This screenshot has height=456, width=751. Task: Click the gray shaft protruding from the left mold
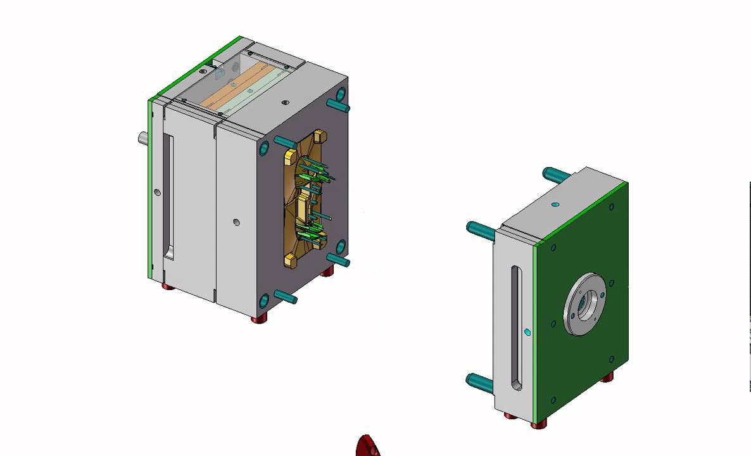pos(143,137)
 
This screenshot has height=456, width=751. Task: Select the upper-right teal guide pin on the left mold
pos(338,104)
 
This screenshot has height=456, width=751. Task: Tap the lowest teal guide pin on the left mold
pos(285,296)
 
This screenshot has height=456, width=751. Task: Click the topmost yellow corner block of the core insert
pos(319,136)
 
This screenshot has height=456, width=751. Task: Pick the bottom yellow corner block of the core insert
pos(291,258)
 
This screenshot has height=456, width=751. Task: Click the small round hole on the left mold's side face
pos(236,222)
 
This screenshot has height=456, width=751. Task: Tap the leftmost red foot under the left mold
pos(168,287)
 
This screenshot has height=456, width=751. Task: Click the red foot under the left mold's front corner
pos(259,319)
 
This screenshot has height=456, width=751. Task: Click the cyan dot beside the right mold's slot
pos(527,331)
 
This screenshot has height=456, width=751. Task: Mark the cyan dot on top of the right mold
pos(555,205)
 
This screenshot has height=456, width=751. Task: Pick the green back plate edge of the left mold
pos(150,190)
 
